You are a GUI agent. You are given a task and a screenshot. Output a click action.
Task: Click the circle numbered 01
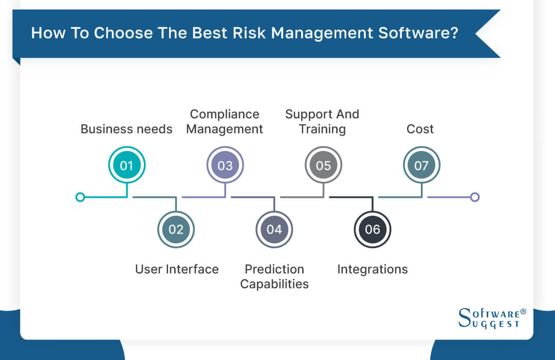pos(126,165)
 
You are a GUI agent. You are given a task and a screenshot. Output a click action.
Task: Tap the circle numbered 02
pos(176,229)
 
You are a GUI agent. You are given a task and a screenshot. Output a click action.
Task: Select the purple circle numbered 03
pos(225,165)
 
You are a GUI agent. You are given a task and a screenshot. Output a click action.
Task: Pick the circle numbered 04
pos(274,229)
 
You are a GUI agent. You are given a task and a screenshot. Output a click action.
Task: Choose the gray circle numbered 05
pos(323,165)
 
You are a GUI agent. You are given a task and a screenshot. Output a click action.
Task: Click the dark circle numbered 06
pos(373,229)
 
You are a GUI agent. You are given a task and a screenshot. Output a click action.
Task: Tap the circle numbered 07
pos(421,165)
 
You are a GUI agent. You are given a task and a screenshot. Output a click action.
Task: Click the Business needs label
pos(126,129)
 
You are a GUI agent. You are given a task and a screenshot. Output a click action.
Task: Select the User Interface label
pos(177,269)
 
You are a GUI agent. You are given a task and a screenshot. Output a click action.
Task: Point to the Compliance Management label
pos(225,122)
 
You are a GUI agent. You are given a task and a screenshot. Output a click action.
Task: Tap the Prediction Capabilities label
pos(274,276)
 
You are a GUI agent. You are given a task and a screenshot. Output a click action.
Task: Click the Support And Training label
pos(322,122)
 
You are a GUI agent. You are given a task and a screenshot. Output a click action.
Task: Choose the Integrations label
pos(373,269)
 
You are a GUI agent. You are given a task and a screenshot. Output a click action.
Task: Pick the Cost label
pos(420,129)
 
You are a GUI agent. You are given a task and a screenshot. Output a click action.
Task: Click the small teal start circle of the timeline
pos(80,197)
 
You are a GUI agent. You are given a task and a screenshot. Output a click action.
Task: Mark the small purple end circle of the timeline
pos(475,197)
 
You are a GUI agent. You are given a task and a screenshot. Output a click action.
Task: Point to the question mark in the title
pos(454,33)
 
